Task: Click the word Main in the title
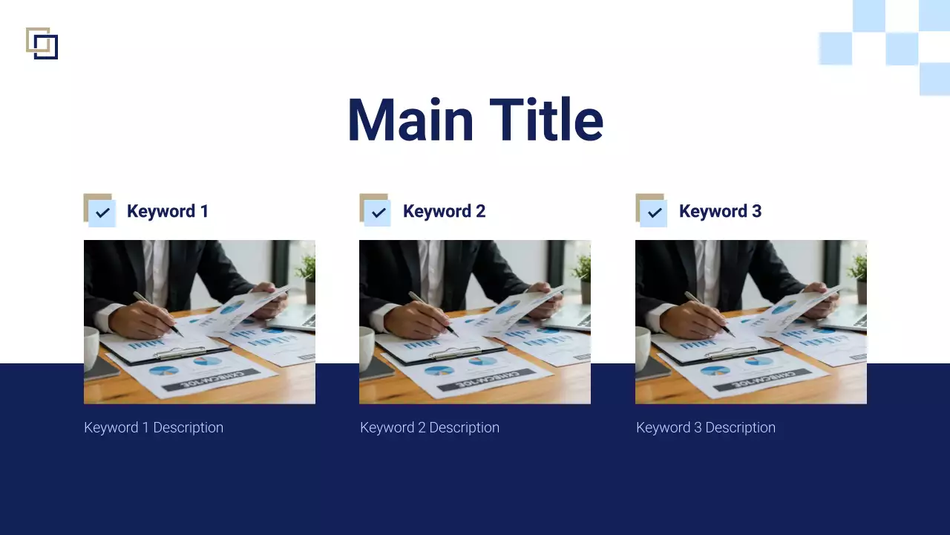click(x=410, y=120)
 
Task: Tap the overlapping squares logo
click(x=42, y=43)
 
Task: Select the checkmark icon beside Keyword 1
click(x=102, y=213)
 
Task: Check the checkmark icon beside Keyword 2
click(x=379, y=213)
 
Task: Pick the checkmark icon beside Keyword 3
click(x=655, y=213)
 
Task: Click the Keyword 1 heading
click(x=168, y=211)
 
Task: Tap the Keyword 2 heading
click(x=444, y=211)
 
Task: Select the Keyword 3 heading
click(x=720, y=211)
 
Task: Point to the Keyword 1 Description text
click(x=154, y=427)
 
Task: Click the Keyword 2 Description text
click(x=430, y=427)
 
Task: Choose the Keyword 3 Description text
click(x=706, y=427)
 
